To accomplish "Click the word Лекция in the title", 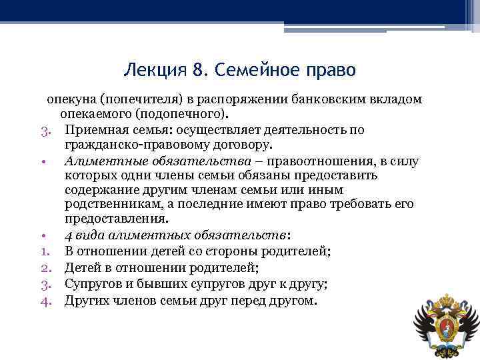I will coord(151,69).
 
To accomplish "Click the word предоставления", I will coord(116,219).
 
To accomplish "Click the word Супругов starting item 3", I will coord(94,284).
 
